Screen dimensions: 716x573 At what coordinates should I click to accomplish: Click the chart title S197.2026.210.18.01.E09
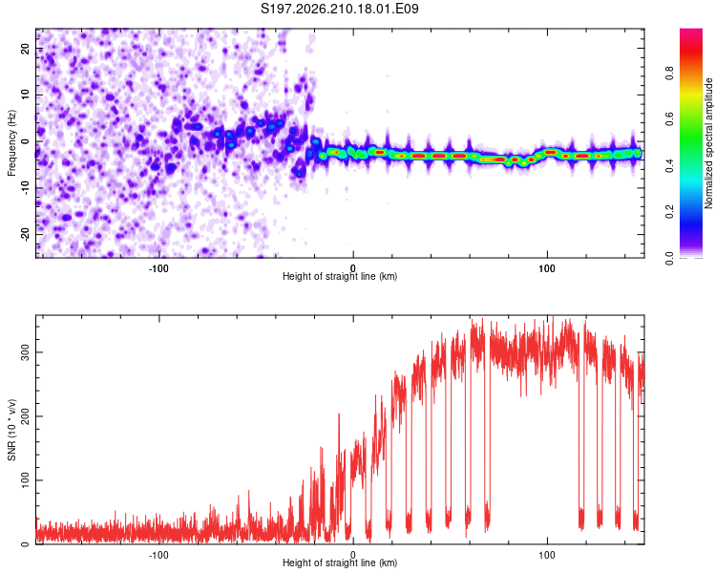pyautogui.click(x=339, y=9)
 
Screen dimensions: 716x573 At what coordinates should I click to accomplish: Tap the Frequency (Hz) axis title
pyautogui.click(x=11, y=143)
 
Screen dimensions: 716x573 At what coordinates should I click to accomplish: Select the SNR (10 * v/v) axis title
pyautogui.click(x=11, y=430)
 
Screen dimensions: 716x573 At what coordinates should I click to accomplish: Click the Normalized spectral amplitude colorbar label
pyautogui.click(x=708, y=143)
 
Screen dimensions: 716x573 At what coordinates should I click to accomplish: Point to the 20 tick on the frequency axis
pyautogui.click(x=25, y=49)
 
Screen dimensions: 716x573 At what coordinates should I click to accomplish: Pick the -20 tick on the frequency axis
pyautogui.click(x=25, y=234)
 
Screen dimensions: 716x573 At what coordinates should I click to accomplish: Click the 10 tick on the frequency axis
pyautogui.click(x=25, y=95)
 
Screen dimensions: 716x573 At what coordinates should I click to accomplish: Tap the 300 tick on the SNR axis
pyautogui.click(x=25, y=352)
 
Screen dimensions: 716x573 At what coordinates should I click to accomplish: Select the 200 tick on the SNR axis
pyautogui.click(x=25, y=416)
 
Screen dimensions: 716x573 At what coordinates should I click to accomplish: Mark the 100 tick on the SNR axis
pyautogui.click(x=25, y=480)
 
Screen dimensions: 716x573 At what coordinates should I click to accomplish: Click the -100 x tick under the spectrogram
pyautogui.click(x=158, y=268)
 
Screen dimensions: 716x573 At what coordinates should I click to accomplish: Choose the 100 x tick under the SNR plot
pyautogui.click(x=547, y=555)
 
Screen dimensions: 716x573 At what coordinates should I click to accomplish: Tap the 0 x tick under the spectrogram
pyautogui.click(x=353, y=268)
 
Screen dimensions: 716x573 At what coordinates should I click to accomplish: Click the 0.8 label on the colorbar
pyautogui.click(x=669, y=74)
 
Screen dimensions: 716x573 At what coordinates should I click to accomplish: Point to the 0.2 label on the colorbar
pyautogui.click(x=669, y=212)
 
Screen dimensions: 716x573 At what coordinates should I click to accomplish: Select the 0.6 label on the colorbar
pyautogui.click(x=669, y=119)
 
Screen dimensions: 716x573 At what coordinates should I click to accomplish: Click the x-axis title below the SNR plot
pyautogui.click(x=340, y=562)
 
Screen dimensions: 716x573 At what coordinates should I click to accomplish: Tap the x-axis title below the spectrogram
pyautogui.click(x=340, y=276)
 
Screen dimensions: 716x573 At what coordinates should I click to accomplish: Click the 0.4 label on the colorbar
pyautogui.click(x=669, y=165)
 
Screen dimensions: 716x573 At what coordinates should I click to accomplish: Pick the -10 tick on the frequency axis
pyautogui.click(x=25, y=188)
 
